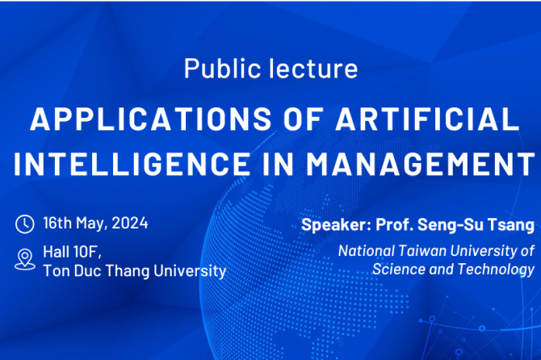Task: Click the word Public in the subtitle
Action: (x=222, y=69)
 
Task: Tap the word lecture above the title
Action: (x=313, y=69)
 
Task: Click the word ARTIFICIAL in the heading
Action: (x=427, y=119)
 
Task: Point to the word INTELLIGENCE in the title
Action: (x=132, y=163)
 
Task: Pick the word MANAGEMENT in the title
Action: (x=421, y=163)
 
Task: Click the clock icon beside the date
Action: (x=25, y=224)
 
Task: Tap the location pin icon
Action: (x=25, y=259)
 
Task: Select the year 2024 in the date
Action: (x=130, y=223)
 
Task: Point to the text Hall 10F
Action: (x=72, y=252)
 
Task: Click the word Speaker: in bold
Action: (x=337, y=225)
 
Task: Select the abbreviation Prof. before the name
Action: (x=395, y=224)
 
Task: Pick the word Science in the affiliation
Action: (x=399, y=270)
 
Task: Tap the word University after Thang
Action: (x=190, y=271)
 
